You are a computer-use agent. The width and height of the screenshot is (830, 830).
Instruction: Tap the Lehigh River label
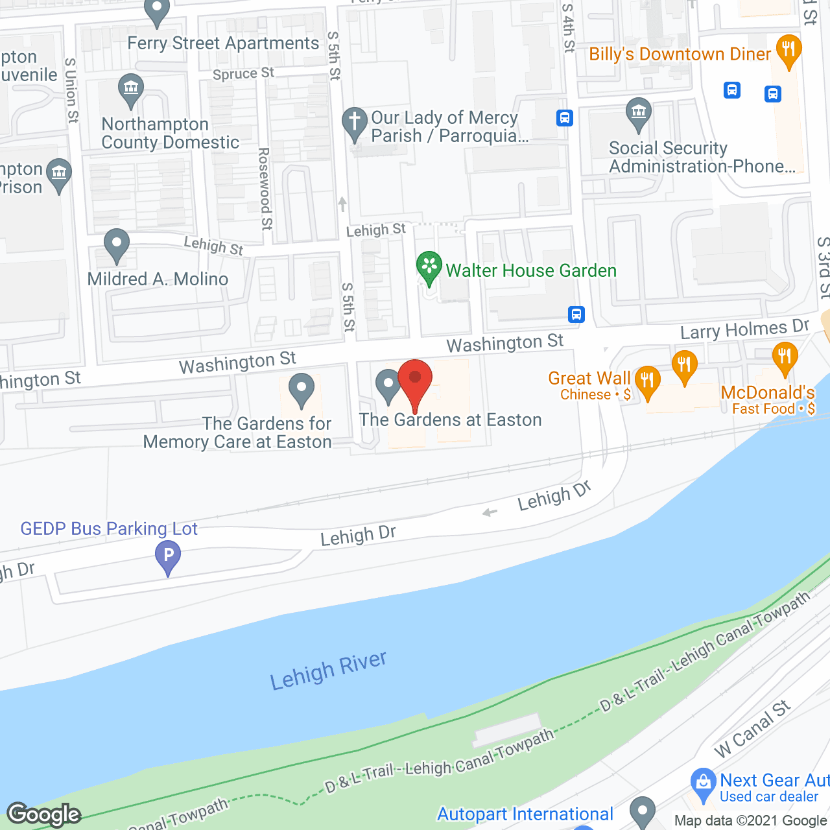[328, 671]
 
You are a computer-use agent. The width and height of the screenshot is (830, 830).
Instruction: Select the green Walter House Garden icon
[429, 267]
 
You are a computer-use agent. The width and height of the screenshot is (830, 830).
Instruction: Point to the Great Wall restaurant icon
[647, 381]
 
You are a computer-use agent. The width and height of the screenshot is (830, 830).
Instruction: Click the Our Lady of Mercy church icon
[355, 123]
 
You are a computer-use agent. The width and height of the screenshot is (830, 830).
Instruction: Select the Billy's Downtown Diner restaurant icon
[788, 51]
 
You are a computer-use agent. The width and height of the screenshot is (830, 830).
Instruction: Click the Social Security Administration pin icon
[639, 113]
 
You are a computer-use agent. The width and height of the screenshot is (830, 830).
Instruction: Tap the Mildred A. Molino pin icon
[117, 245]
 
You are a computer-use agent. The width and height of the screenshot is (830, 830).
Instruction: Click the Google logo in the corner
[44, 814]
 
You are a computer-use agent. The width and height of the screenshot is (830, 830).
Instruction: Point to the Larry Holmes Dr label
[744, 329]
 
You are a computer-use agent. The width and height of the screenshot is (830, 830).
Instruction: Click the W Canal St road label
[752, 729]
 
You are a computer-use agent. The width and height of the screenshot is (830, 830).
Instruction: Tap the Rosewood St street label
[265, 188]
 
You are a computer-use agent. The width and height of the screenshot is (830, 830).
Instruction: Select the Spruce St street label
[243, 74]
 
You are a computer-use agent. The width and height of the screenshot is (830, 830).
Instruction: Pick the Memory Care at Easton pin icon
[301, 389]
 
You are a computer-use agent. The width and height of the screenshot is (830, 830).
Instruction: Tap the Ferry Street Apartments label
[223, 43]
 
